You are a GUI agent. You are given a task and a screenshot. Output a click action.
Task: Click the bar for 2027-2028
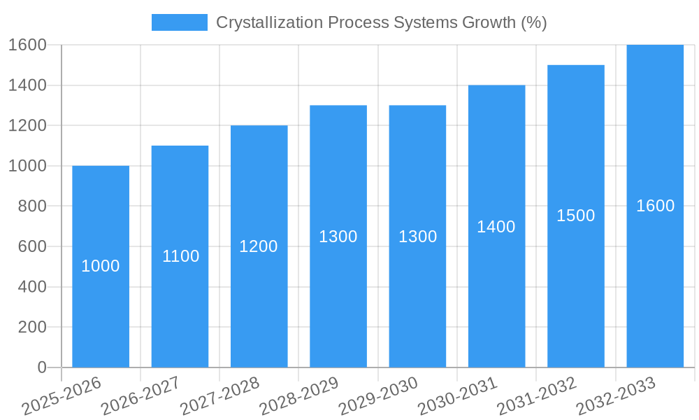click(259, 294)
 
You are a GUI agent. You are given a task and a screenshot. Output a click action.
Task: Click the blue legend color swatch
click(180, 22)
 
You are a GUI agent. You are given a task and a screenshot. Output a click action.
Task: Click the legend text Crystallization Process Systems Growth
click(381, 22)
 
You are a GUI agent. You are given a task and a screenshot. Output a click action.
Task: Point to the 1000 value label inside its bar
click(101, 266)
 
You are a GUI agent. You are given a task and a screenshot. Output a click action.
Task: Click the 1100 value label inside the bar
click(180, 256)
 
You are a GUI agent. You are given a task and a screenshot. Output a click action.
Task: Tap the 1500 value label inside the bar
click(575, 216)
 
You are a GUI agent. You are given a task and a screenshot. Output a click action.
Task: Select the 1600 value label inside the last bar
click(655, 206)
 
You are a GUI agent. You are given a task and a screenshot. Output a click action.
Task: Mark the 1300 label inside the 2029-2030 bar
click(417, 237)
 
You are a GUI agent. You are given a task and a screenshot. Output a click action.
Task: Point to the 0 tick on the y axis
click(41, 367)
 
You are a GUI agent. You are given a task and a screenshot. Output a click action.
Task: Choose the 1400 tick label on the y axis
click(27, 85)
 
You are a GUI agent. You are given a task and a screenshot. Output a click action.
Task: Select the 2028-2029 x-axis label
click(299, 395)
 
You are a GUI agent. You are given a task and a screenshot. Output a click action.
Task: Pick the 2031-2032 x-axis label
click(537, 395)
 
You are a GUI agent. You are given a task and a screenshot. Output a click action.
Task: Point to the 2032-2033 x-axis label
click(616, 395)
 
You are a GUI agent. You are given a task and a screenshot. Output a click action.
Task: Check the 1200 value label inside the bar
click(259, 246)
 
